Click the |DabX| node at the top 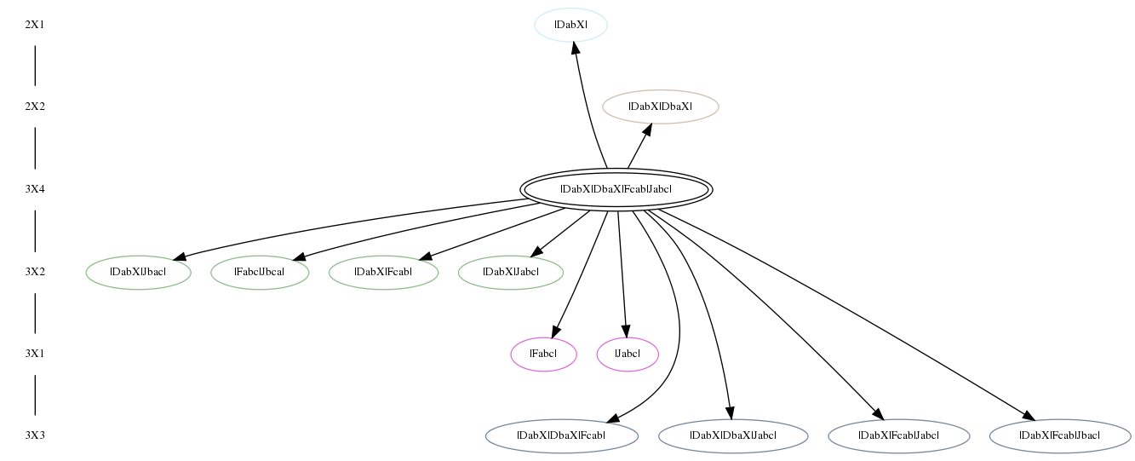pyautogui.click(x=571, y=25)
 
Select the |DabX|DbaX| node pyautogui.click(x=660, y=107)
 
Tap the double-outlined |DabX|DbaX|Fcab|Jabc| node pyautogui.click(x=616, y=189)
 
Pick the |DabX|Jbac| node pyautogui.click(x=138, y=273)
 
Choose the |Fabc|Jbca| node pyautogui.click(x=260, y=273)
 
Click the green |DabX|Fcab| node pyautogui.click(x=383, y=273)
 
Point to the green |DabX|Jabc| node pyautogui.click(x=511, y=273)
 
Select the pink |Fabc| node pyautogui.click(x=544, y=354)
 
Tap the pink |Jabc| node pyautogui.click(x=628, y=354)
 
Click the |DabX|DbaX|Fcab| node pyautogui.click(x=561, y=435)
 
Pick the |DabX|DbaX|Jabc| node pyautogui.click(x=733, y=435)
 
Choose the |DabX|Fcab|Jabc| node pyautogui.click(x=899, y=435)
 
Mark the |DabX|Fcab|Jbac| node pyautogui.click(x=1060, y=435)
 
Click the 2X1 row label pyautogui.click(x=35, y=25)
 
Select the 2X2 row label pyautogui.click(x=35, y=107)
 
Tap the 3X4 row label pyautogui.click(x=35, y=189)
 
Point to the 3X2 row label pyautogui.click(x=35, y=272)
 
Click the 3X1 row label pyautogui.click(x=35, y=354)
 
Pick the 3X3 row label pyautogui.click(x=35, y=435)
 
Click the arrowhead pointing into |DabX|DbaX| pyautogui.click(x=646, y=130)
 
